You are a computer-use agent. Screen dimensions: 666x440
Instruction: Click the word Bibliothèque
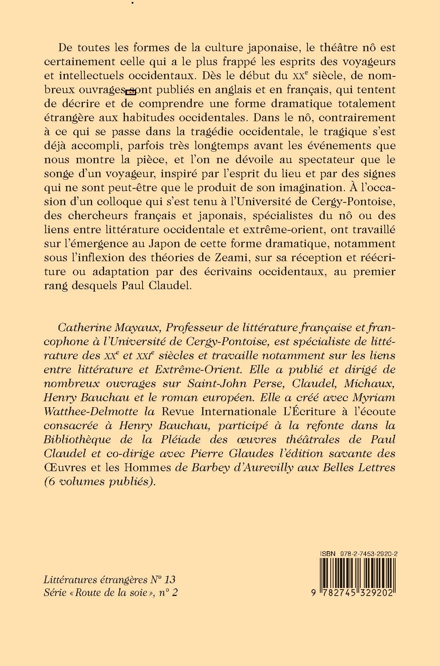[x=77, y=440]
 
